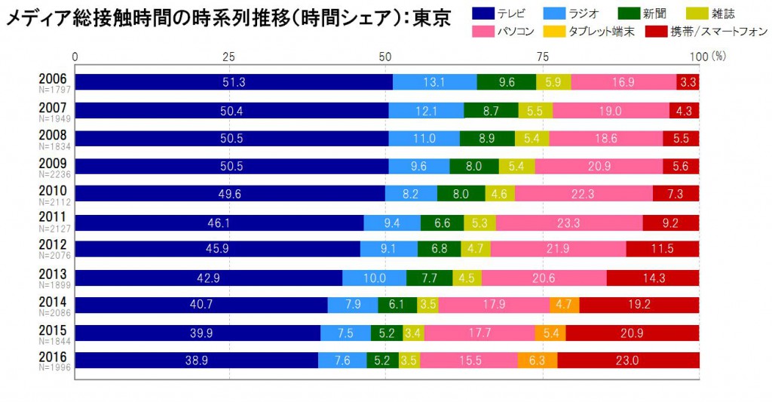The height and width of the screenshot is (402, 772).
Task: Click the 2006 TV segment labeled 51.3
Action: tap(234, 82)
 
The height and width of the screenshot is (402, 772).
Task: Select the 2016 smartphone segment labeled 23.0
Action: tap(627, 361)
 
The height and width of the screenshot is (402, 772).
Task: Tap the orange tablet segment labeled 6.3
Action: tap(538, 361)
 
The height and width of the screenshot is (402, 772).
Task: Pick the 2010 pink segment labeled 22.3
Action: tap(584, 194)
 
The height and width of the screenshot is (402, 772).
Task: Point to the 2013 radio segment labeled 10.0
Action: tap(374, 278)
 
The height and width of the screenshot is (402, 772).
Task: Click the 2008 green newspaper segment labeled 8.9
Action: tap(487, 139)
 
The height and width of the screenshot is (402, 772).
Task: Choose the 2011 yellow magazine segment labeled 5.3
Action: tap(479, 222)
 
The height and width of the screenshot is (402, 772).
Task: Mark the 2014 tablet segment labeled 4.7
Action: tap(564, 305)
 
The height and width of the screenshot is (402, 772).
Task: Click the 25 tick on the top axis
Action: tap(229, 56)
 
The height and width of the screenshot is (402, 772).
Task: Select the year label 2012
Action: tap(52, 244)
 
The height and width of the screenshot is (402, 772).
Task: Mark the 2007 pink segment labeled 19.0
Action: tap(611, 111)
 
